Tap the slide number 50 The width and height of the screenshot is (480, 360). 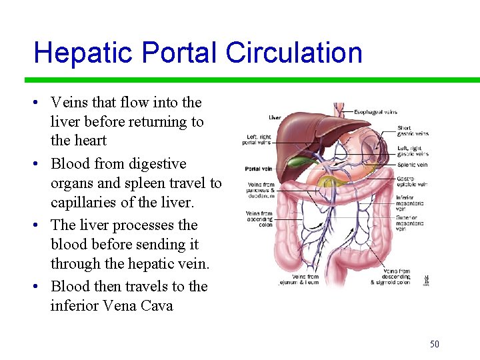coord(435,344)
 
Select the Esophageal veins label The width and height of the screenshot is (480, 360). coord(375,112)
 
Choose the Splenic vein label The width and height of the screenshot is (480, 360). coord(412,165)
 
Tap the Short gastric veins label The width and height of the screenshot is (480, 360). coord(413,131)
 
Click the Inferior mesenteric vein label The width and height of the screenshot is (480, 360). coord(407,202)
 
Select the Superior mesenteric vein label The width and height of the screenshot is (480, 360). coord(409,222)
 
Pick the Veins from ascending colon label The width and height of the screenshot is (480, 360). coord(259,219)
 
